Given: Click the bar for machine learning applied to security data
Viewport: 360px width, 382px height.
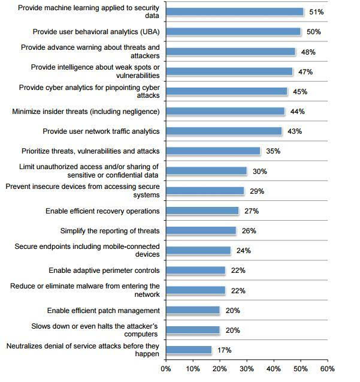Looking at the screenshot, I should tap(234, 11).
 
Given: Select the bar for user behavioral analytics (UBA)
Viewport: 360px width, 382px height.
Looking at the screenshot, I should tap(233, 31).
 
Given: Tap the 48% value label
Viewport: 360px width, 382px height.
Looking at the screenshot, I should tap(308, 52).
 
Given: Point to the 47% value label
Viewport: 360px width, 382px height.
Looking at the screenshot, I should tap(305, 72).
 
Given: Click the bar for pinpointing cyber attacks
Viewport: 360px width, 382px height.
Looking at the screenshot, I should tap(226, 92).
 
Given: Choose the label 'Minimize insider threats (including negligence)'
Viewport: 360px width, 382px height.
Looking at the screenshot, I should tap(86, 112).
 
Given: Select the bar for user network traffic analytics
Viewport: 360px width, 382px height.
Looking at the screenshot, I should tap(223, 131).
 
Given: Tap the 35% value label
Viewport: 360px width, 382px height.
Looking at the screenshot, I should tap(273, 151).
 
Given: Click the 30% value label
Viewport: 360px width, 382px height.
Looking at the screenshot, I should tap(259, 171).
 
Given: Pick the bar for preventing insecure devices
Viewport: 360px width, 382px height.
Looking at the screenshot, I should tap(205, 191).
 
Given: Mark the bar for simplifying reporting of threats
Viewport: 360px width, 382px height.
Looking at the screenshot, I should tap(201, 231).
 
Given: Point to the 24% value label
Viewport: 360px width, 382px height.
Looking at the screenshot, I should tap(243, 251).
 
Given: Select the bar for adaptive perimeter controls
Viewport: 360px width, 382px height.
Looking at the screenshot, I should tap(195, 270).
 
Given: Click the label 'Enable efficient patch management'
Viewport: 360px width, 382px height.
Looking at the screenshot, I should tap(104, 311).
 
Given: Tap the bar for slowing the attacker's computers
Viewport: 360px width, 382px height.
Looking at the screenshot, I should tap(193, 330).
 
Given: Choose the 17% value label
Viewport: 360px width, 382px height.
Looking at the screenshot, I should tap(224, 350).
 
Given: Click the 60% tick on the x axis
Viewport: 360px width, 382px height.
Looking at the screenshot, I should tap(328, 369).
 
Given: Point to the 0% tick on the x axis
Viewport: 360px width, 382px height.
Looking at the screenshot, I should tap(166, 369).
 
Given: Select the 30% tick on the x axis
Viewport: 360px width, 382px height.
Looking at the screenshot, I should tap(247, 369).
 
